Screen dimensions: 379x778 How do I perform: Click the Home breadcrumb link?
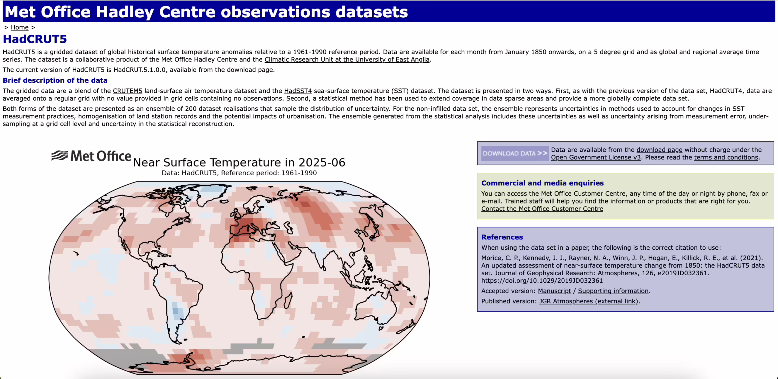click(x=19, y=27)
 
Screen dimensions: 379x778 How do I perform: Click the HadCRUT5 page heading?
click(x=35, y=39)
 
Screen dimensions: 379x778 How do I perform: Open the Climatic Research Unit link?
click(x=347, y=60)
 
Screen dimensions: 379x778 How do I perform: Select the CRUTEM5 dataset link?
click(x=127, y=91)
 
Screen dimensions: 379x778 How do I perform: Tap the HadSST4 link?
click(x=298, y=91)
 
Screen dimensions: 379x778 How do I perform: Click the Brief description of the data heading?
click(x=55, y=80)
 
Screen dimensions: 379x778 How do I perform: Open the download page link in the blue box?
click(x=659, y=150)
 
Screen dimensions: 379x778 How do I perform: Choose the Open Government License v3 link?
click(x=596, y=157)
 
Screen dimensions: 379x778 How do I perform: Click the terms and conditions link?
click(x=726, y=157)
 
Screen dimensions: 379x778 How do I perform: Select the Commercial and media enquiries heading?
click(x=542, y=183)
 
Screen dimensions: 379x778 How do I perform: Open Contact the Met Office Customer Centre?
click(x=542, y=209)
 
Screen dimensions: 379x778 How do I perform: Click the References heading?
click(x=502, y=237)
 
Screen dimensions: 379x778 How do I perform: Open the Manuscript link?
click(x=554, y=291)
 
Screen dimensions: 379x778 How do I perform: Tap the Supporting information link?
click(x=613, y=291)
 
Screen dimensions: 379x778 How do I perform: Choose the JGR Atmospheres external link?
click(x=588, y=301)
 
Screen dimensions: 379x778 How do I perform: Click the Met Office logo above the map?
click(x=91, y=156)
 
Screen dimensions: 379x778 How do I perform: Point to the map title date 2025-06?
click(x=322, y=163)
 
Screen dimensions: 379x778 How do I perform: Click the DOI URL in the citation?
click(x=542, y=280)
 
